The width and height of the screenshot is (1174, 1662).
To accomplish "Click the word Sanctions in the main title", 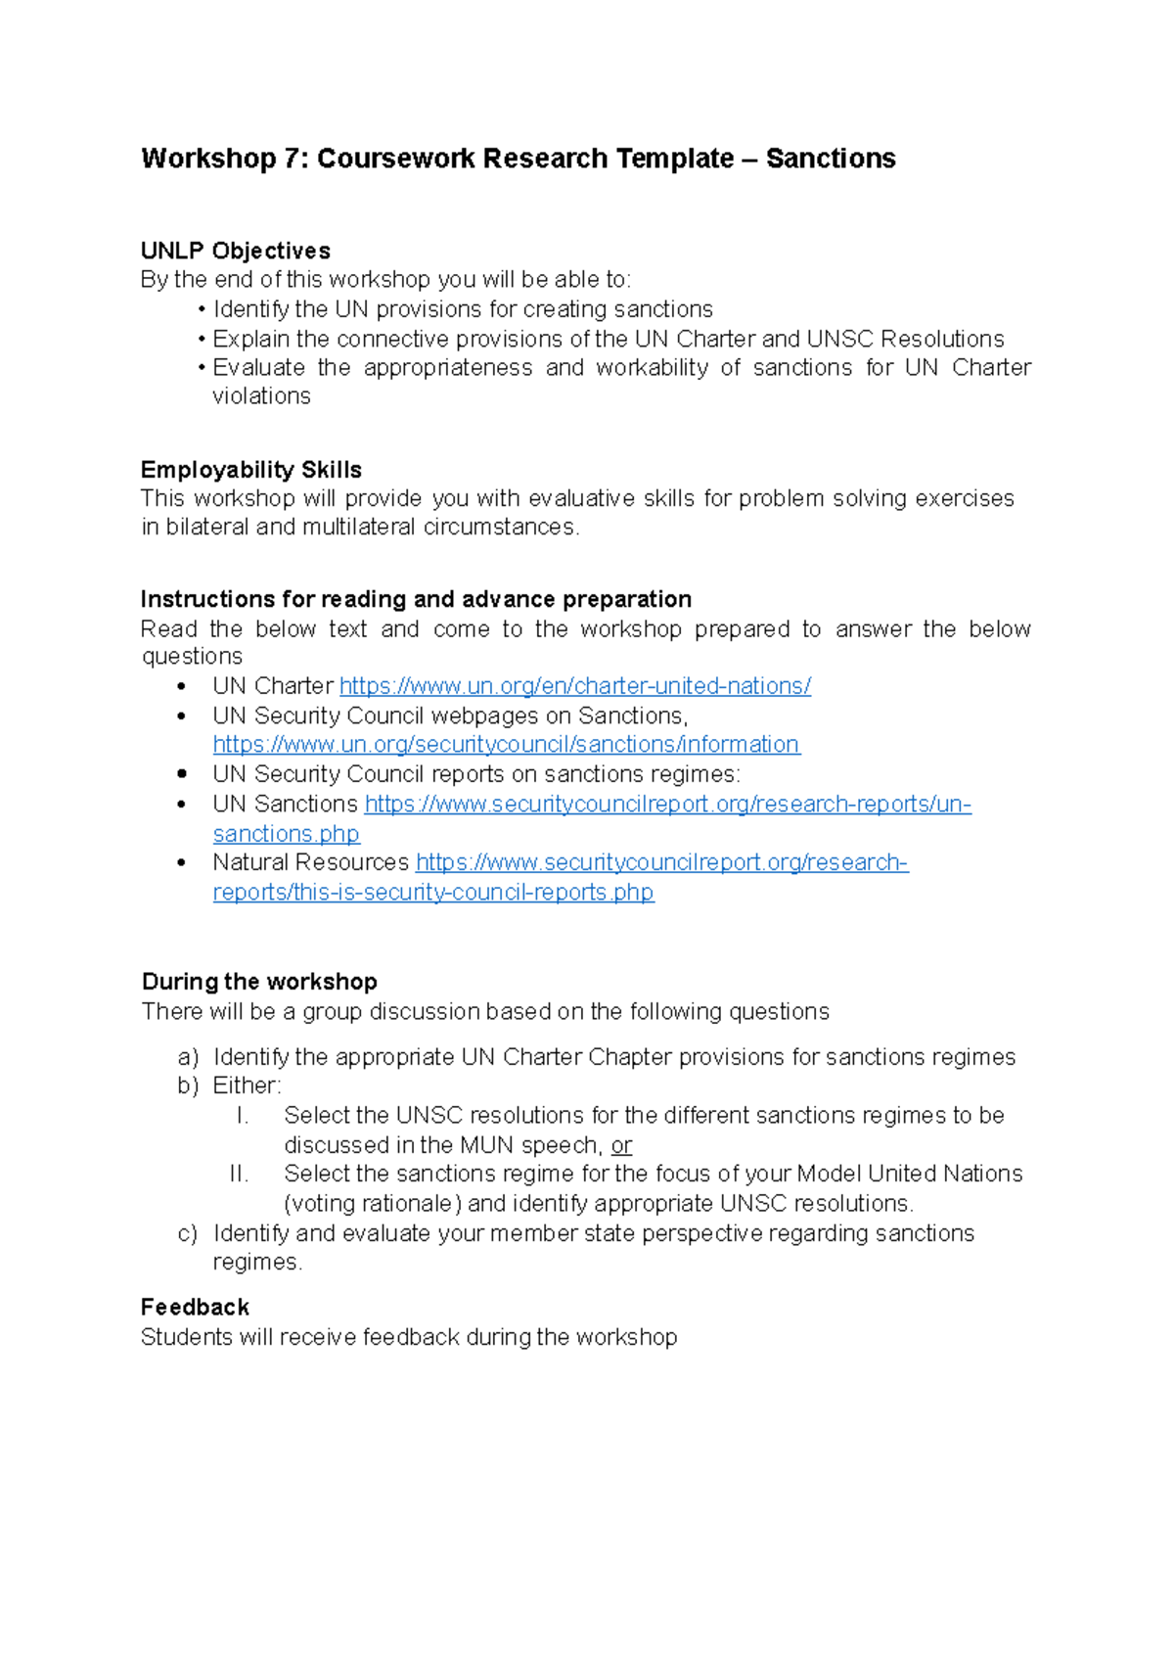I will (x=831, y=159).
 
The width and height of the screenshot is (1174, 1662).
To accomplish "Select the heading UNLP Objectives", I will (x=236, y=251).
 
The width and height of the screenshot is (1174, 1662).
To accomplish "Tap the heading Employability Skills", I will (x=251, y=470).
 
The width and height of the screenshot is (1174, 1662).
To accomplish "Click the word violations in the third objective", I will (x=261, y=396).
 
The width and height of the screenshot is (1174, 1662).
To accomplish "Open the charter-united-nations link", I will (x=574, y=686).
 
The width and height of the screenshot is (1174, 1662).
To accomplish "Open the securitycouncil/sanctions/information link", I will (x=506, y=745).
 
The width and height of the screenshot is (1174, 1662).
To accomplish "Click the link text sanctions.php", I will (x=286, y=834).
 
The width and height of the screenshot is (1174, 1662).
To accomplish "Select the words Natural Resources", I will (x=310, y=862).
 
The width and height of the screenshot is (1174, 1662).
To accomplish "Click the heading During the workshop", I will (x=259, y=982).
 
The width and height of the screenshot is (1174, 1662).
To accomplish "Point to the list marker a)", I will (x=188, y=1057).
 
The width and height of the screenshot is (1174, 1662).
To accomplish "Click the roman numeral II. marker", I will (x=239, y=1174).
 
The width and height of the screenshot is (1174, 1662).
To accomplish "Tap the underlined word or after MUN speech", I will (x=621, y=1145).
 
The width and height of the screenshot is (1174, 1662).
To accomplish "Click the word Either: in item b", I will (x=247, y=1086).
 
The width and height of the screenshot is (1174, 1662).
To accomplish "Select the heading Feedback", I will (x=195, y=1308).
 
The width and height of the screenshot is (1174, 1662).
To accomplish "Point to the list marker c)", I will (x=188, y=1233).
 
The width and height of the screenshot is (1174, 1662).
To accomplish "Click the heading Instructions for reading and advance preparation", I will (x=416, y=599).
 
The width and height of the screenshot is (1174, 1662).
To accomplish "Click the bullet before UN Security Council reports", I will (x=182, y=774).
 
